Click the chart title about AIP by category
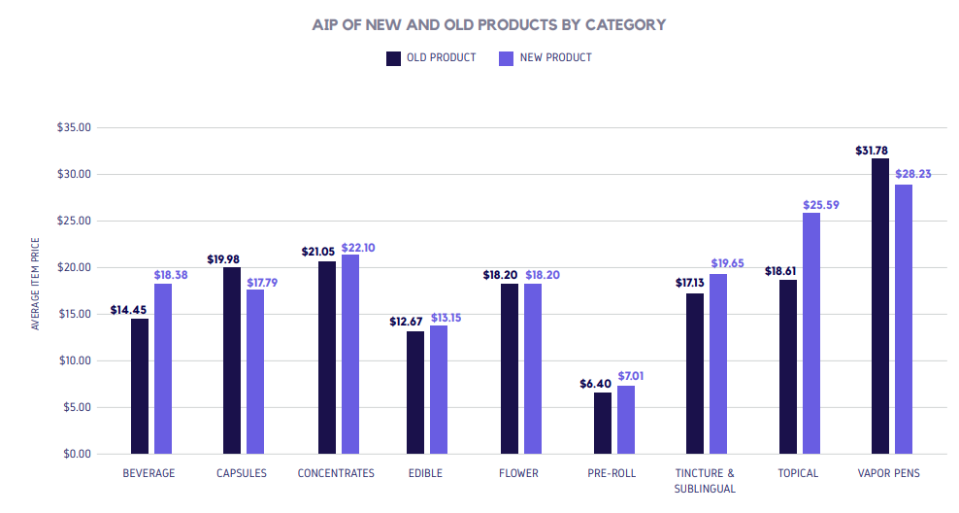pyautogui.click(x=489, y=24)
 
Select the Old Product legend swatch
pyautogui.click(x=394, y=58)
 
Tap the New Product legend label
pyautogui.click(x=555, y=58)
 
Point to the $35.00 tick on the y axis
pyautogui.click(x=74, y=127)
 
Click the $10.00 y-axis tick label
pyautogui.click(x=74, y=360)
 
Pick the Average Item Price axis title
pyautogui.click(x=36, y=283)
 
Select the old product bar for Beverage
pyautogui.click(x=140, y=386)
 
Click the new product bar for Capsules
pyautogui.click(x=255, y=371)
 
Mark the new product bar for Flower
pyautogui.click(x=534, y=368)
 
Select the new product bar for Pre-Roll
pyautogui.click(x=626, y=420)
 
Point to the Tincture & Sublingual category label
pyautogui.click(x=705, y=480)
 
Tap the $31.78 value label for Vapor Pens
pyautogui.click(x=872, y=151)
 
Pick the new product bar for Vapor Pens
pyautogui.click(x=904, y=319)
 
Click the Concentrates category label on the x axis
pyautogui.click(x=336, y=473)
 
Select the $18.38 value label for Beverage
pyautogui.click(x=172, y=276)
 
